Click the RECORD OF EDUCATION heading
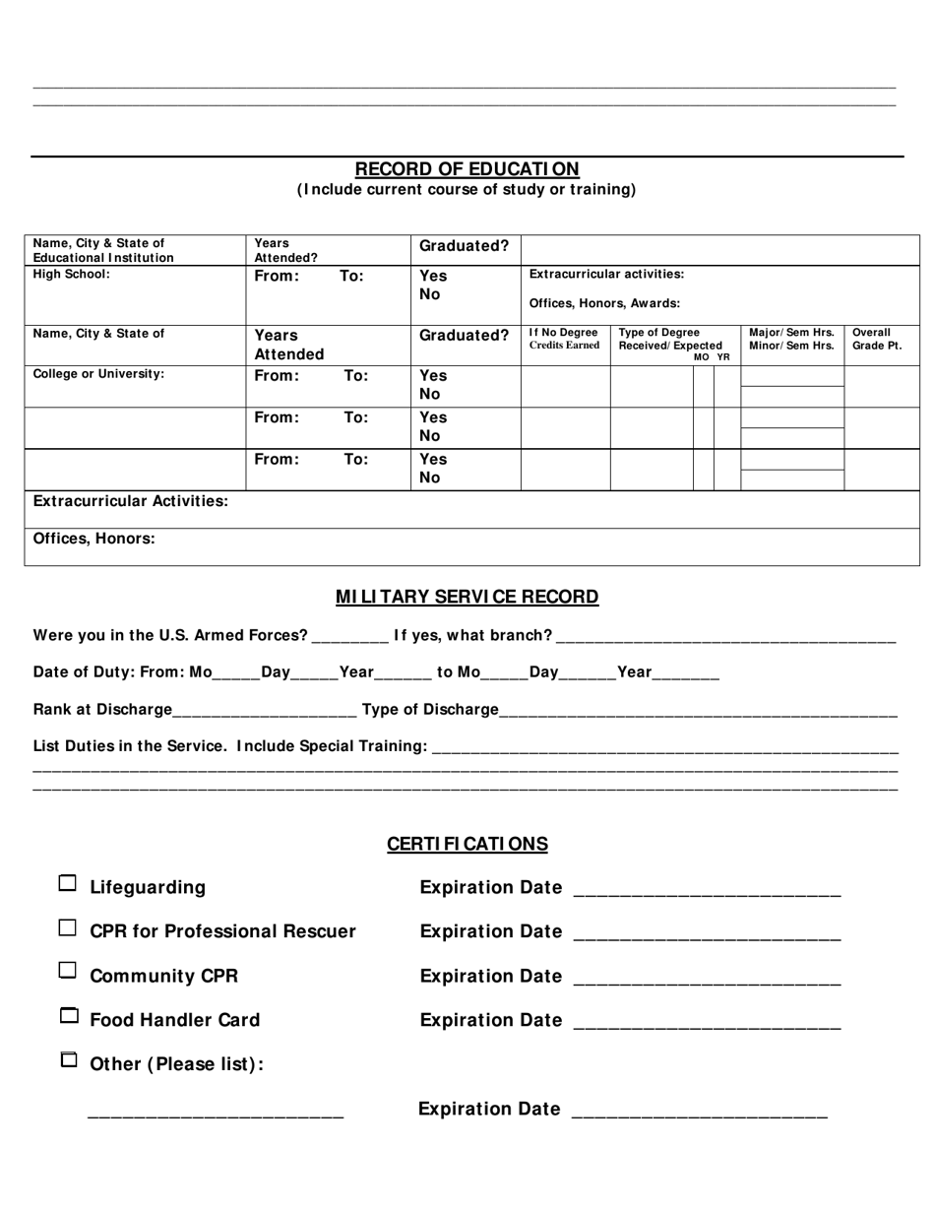click(x=467, y=169)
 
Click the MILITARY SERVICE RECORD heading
click(x=467, y=597)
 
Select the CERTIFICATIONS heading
click(x=467, y=844)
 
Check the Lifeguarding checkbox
click(x=67, y=883)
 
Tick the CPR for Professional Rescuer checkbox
click(x=67, y=927)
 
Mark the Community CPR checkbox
click(x=67, y=971)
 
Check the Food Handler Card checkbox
click(x=68, y=1015)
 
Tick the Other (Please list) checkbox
click(x=68, y=1060)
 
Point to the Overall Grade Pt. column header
click(x=876, y=339)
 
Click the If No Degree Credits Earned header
click(x=564, y=339)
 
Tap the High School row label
click(x=72, y=275)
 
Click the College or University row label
click(x=98, y=374)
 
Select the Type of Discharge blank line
click(x=698, y=712)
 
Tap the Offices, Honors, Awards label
click(x=604, y=303)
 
